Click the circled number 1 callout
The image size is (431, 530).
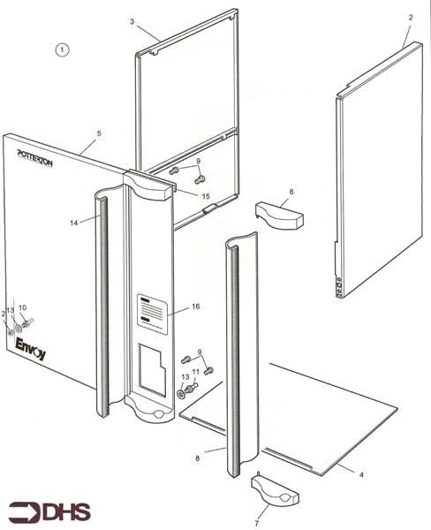tap(62, 50)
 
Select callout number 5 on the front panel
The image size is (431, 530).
tap(99, 133)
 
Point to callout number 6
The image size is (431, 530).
tap(291, 191)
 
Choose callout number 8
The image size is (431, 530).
tap(198, 457)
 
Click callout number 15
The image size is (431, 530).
tap(205, 195)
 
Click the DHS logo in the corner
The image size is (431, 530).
tap(44, 510)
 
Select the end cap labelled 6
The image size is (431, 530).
tap(278, 212)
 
